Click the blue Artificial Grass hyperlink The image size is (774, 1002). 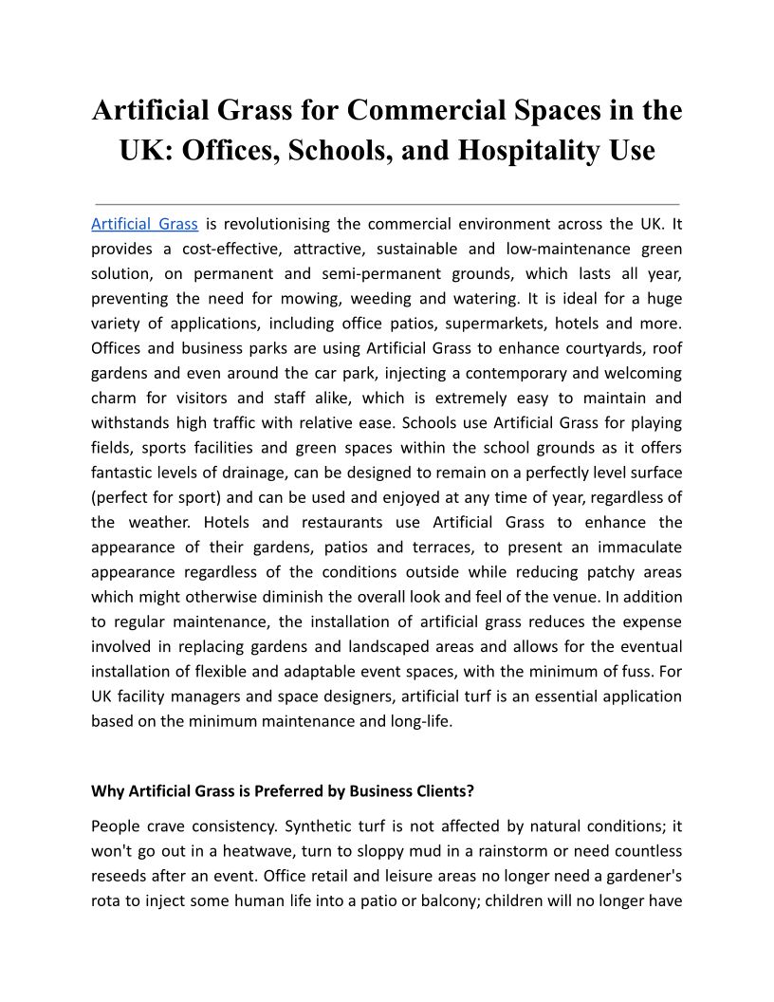[144, 225]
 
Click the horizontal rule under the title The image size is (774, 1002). [387, 204]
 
